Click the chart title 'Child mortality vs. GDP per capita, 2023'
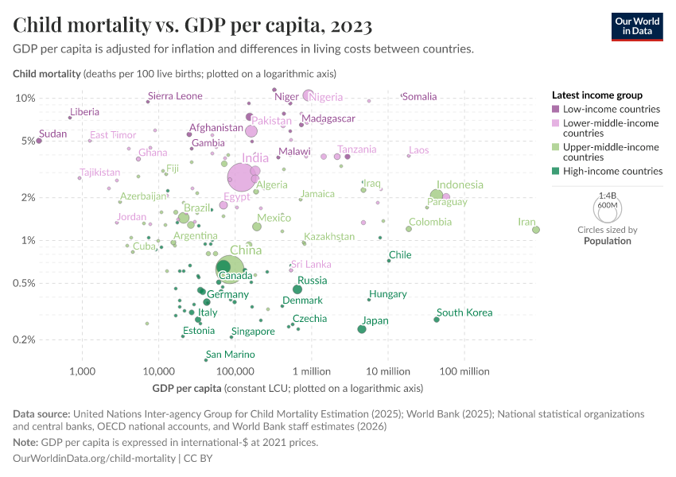[192, 26]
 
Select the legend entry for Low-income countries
[610, 109]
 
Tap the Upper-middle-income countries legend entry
[609, 152]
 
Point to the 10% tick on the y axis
[25, 98]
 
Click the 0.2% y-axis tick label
[24, 339]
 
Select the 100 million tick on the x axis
[464, 371]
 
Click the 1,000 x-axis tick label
[82, 371]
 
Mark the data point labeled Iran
[536, 230]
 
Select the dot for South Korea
[437, 320]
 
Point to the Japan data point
[362, 329]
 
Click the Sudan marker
[38, 141]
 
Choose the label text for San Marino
[230, 355]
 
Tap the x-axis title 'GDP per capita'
[187, 389]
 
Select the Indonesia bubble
[437, 196]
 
